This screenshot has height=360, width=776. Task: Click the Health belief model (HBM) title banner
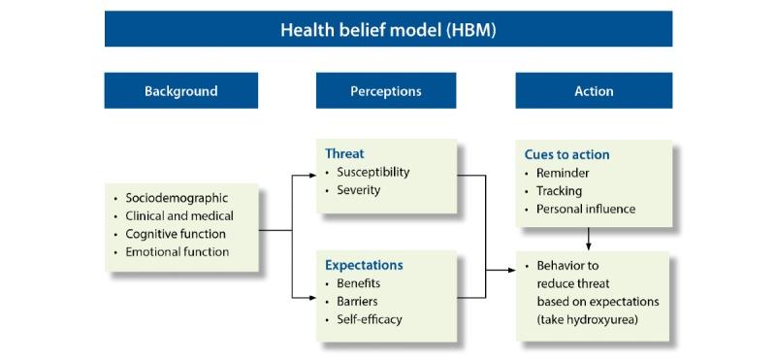(388, 29)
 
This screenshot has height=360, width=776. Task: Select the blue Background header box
(181, 91)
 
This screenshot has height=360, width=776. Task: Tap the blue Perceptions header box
(385, 91)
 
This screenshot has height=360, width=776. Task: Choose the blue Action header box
(594, 91)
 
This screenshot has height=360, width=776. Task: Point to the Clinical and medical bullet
(179, 215)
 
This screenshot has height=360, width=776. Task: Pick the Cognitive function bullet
(176, 234)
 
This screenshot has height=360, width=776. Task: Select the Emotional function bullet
(178, 251)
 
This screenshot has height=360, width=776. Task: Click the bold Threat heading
(344, 153)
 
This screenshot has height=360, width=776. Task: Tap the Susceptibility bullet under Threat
(373, 172)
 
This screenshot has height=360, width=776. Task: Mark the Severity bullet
(359, 189)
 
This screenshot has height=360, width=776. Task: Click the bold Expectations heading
(364, 264)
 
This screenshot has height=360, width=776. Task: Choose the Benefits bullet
(359, 282)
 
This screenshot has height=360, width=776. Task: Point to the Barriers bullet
(357, 301)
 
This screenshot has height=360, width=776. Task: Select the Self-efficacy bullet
(370, 318)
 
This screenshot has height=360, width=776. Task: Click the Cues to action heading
(566, 154)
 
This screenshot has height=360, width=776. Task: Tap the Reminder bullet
(563, 173)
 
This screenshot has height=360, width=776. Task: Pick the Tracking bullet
(560, 190)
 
